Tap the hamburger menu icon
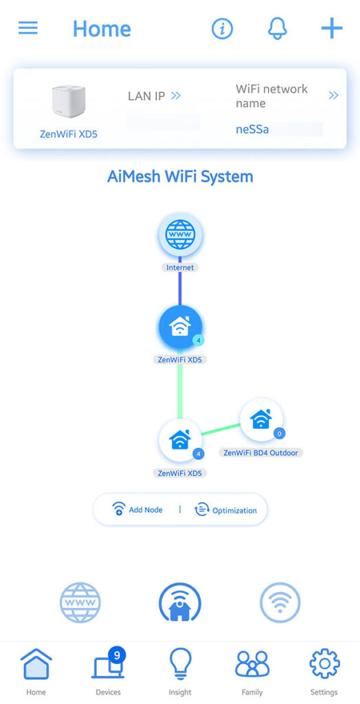pos(28,28)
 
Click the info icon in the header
pos(222,29)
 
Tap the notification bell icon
pos(277,29)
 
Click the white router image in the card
pos(69,102)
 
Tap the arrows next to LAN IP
pos(176,95)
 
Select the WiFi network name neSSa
pos(252,130)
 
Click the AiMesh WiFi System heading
pos(180,177)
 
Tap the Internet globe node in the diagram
pos(180,234)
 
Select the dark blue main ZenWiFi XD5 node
pos(181,328)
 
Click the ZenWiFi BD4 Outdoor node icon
pos(261,419)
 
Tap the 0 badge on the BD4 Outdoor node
pos(279,433)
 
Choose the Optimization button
pos(225,510)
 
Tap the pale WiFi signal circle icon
pos(280,602)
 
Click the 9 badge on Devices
pos(117,655)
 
